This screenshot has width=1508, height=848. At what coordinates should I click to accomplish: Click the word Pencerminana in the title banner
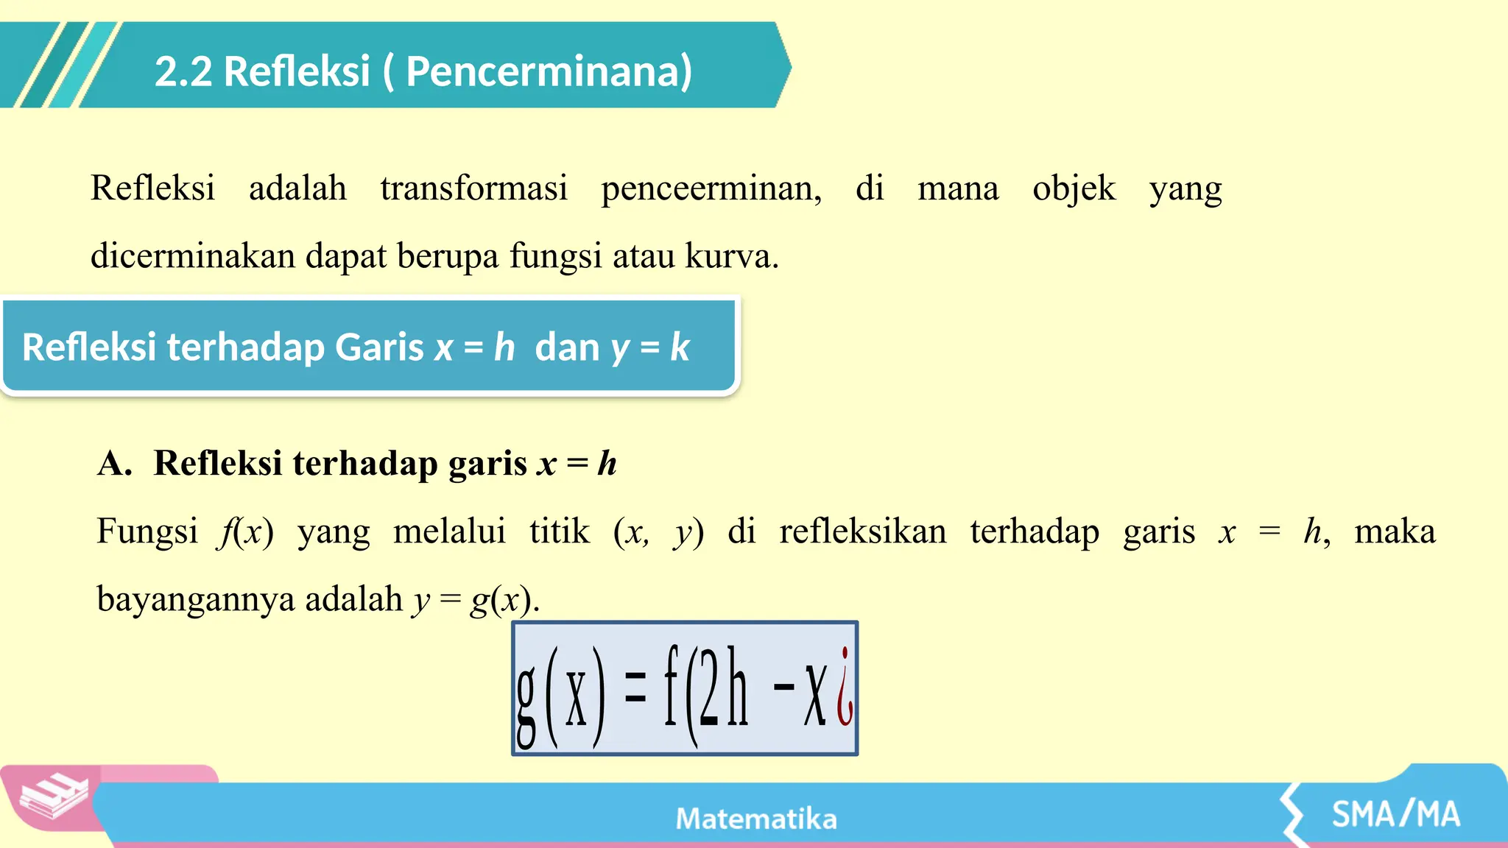(x=549, y=72)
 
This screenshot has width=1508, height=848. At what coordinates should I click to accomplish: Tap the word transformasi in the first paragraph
(x=473, y=188)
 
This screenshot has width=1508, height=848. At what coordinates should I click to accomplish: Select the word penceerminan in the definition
(x=711, y=188)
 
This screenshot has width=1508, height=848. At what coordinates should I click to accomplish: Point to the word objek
(x=1074, y=188)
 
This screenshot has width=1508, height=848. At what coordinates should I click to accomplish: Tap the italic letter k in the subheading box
(x=679, y=347)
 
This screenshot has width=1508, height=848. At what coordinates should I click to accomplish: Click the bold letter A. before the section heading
(x=115, y=464)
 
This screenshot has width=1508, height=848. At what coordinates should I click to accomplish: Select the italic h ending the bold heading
(x=607, y=464)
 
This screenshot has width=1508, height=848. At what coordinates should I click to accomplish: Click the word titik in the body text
(x=560, y=531)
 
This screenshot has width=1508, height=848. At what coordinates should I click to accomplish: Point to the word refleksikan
(x=863, y=531)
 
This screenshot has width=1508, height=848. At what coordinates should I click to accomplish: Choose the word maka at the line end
(x=1395, y=531)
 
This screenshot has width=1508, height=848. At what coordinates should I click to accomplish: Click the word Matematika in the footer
(x=756, y=819)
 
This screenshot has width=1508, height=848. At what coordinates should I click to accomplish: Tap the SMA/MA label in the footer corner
(x=1395, y=814)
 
